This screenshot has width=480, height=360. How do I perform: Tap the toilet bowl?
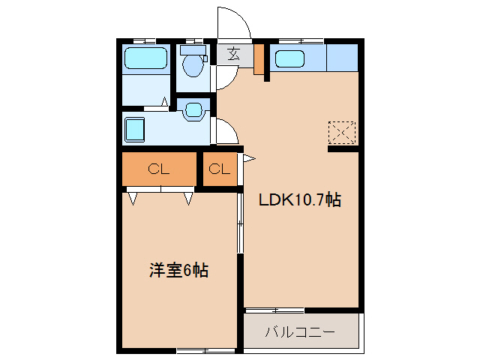pos(193,64)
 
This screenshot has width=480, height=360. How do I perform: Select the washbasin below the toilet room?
pos(193,110)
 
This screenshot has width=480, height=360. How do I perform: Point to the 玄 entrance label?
pos(233,55)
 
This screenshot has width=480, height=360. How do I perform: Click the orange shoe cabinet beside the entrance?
pos(259,60)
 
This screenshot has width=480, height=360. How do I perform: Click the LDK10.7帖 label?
pos(300,200)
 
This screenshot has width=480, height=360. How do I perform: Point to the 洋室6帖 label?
pos(178,271)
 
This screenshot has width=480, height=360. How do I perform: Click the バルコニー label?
pos(300,331)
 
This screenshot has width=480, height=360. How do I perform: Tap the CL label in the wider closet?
pos(158,169)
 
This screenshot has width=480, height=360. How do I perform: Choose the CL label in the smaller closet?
pos(219,169)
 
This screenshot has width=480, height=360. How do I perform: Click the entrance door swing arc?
pos(234,22)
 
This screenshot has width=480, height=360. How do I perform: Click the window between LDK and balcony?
pos(274,310)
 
